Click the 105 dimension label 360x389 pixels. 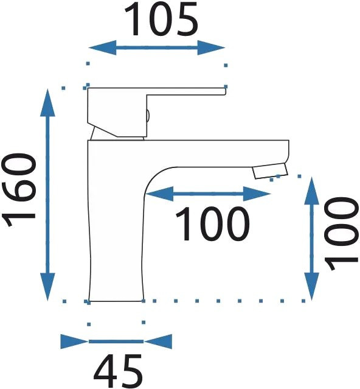[x=161, y=19]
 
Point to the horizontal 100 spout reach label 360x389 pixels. [x=212, y=224]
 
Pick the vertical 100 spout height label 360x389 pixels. [x=342, y=233]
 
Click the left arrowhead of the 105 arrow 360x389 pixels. [x=102, y=47]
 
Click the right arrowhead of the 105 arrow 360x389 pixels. [x=211, y=47]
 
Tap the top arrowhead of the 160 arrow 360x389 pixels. [x=47, y=102]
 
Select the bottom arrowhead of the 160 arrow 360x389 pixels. [x=47, y=287]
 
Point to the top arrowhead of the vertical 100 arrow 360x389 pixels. [x=311, y=191]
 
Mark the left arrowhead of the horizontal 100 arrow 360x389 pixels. [x=159, y=194]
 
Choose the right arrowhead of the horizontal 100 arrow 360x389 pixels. [x=257, y=194]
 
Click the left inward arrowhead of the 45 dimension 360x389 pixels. [x=74, y=342]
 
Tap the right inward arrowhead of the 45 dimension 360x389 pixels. [x=158, y=342]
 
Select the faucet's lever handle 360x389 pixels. [x=156, y=112]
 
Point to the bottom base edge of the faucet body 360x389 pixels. [x=116, y=301]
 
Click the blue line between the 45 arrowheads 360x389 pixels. [x=116, y=342]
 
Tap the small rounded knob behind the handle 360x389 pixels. [x=148, y=116]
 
